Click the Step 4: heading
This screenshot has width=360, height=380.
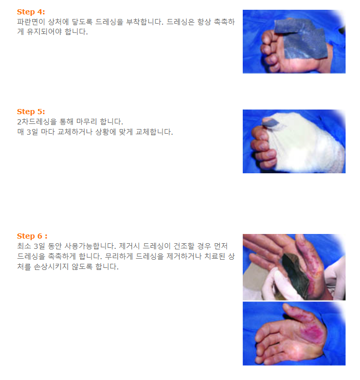31,12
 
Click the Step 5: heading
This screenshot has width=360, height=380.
31,112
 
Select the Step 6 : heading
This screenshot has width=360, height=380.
32,236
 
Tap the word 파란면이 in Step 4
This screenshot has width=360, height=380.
31,22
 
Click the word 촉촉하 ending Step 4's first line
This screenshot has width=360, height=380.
224,22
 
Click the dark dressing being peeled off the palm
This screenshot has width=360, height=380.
295,274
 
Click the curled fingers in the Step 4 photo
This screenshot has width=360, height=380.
269,51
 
